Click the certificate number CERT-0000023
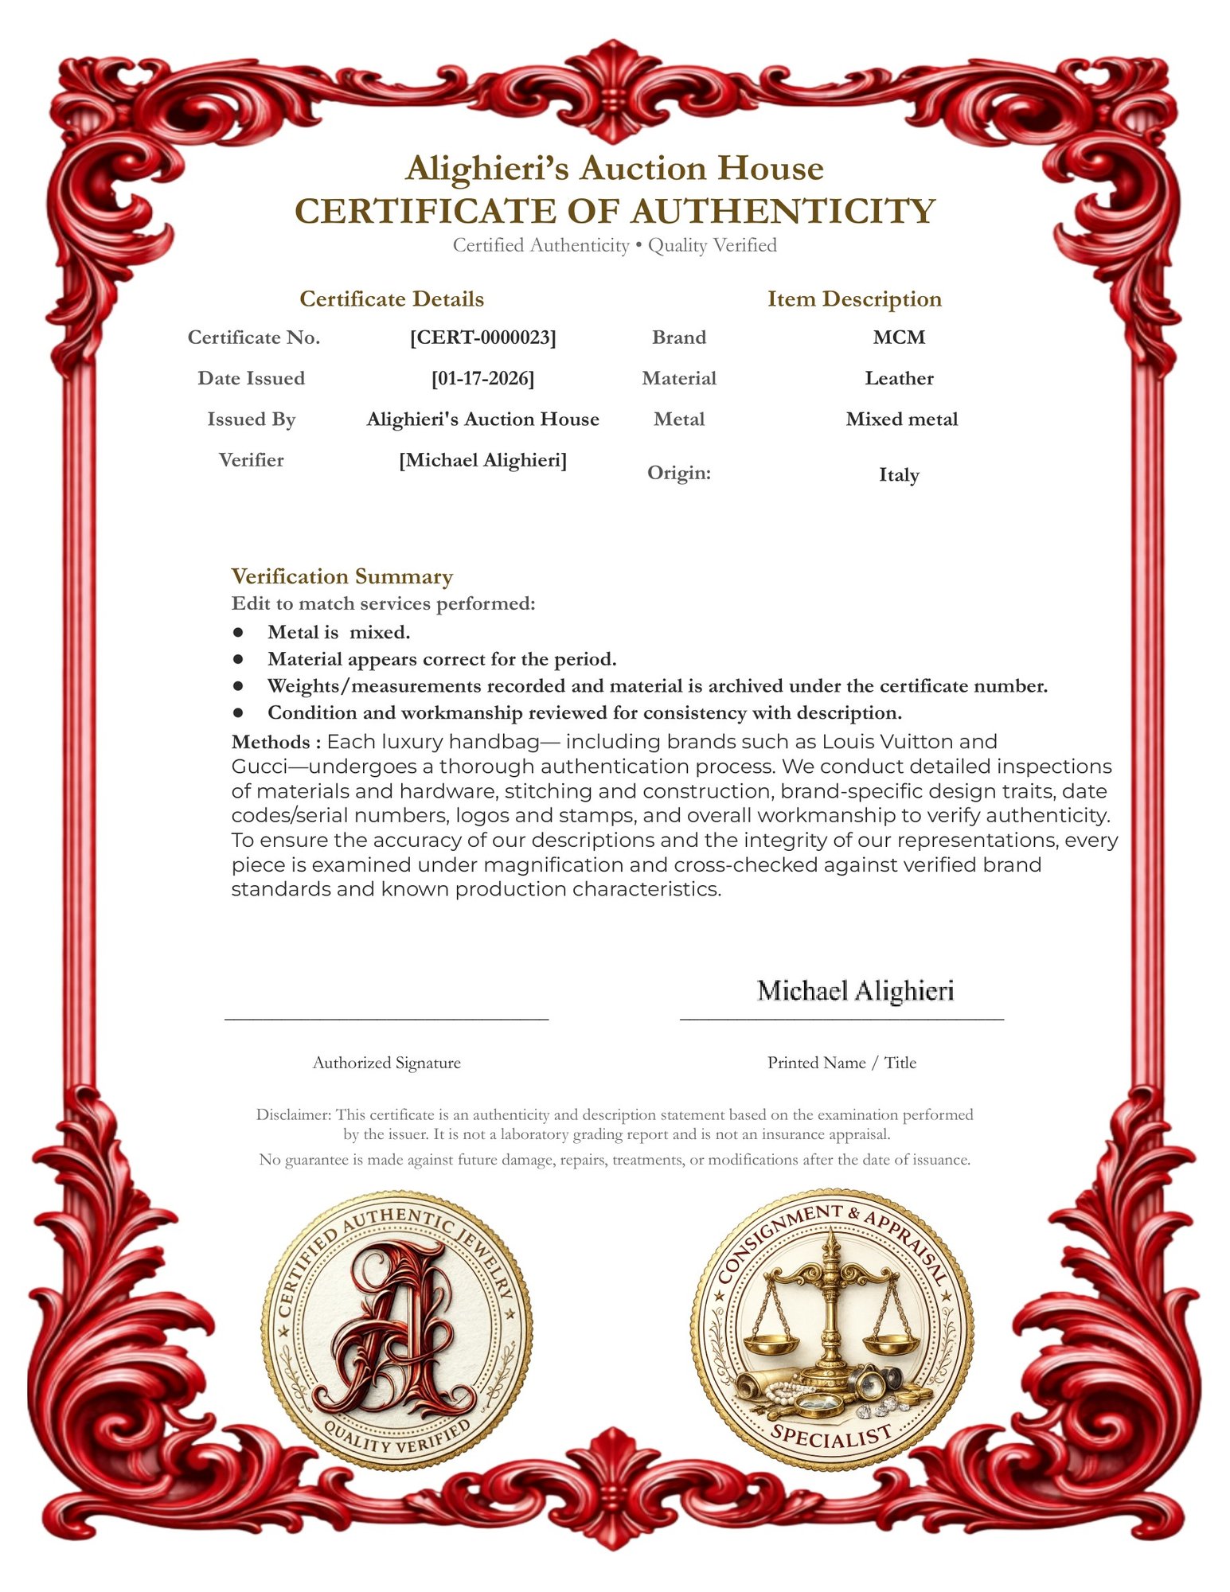click(x=482, y=338)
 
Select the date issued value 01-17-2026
click(x=482, y=378)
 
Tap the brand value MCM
click(x=899, y=338)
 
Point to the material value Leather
click(x=899, y=378)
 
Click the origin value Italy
click(x=899, y=475)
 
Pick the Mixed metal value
click(x=901, y=419)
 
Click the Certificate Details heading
click(x=392, y=299)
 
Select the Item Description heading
click(x=854, y=299)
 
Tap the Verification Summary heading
click(x=342, y=576)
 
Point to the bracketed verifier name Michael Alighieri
click(x=482, y=460)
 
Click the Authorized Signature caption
click(x=386, y=1063)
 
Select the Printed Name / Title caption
click(x=841, y=1063)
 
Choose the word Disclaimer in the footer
click(x=292, y=1115)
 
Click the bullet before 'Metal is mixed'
click(x=238, y=632)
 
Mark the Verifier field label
click(x=251, y=460)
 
